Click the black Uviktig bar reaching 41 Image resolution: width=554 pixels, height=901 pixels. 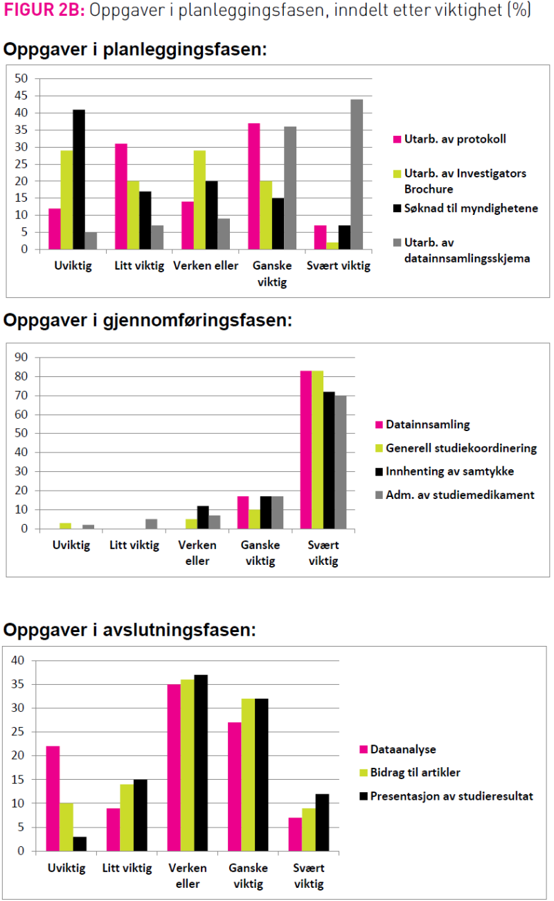(x=79, y=180)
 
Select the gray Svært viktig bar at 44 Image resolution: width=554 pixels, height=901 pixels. (x=356, y=174)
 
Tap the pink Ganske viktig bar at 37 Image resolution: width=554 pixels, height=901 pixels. (x=254, y=186)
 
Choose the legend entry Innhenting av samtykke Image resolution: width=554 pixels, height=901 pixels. (x=460, y=472)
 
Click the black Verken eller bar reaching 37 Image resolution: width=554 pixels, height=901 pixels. (x=201, y=762)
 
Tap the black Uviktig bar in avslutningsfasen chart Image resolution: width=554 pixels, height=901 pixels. (x=79, y=843)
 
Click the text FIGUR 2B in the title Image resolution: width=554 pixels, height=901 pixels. (x=43, y=12)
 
